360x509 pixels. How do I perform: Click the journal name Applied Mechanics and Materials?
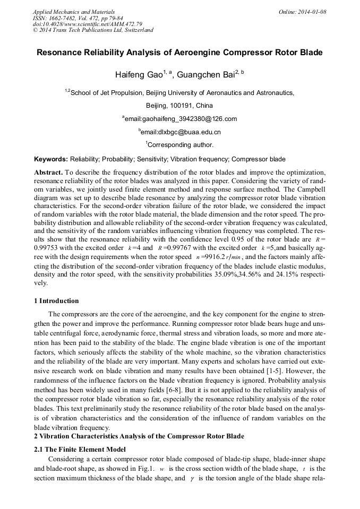click(x=74, y=12)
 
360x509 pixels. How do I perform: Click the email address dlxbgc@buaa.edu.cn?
click(x=181, y=132)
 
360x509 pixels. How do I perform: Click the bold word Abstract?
click(x=48, y=173)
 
